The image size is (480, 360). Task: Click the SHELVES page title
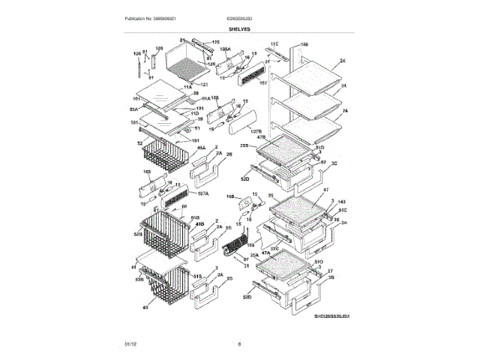pos(240,28)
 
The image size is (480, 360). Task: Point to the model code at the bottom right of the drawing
pos(332,316)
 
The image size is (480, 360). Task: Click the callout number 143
pos(342,202)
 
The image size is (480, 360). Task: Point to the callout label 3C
pos(334,162)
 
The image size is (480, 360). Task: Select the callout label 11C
pos(274,46)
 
